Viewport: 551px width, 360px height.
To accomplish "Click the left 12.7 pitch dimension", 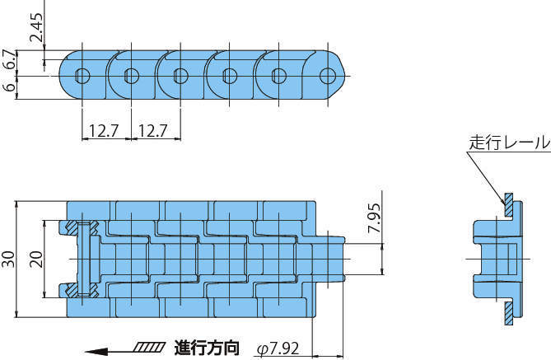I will coord(104,129).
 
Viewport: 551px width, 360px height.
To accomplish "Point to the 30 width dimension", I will coord(8,259).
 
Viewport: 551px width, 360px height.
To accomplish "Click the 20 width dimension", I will coord(35,259).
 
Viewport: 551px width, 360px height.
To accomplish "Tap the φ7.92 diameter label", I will coord(278,348).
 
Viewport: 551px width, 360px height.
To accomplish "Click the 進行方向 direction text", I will coord(206,348).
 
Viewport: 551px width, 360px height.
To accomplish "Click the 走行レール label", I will coord(509,142).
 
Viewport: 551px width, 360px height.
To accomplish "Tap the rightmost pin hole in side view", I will coord(328,76).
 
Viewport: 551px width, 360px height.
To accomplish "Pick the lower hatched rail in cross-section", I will coord(509,309).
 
